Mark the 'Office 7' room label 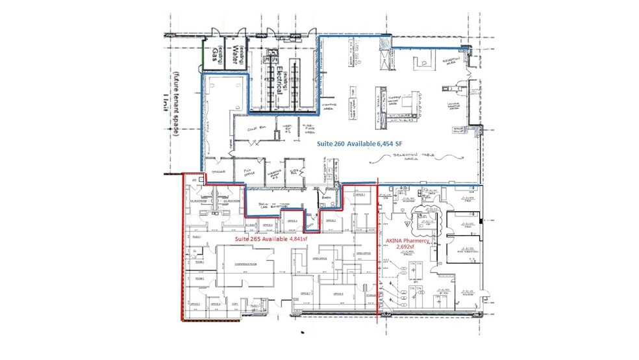click(301, 293)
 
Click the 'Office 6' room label click(338, 293)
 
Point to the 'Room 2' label click(199, 278)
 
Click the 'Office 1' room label click(359, 195)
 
